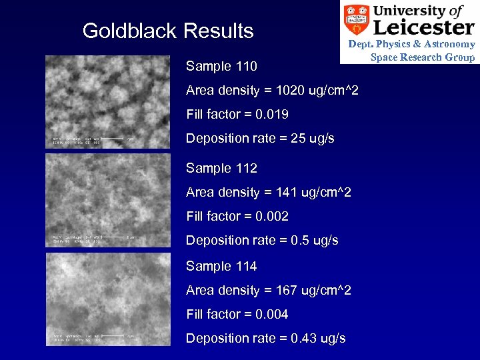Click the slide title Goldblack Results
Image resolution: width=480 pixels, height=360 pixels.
(x=167, y=31)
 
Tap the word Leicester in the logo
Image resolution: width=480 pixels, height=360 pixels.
(x=424, y=27)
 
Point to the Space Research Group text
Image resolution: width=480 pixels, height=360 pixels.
(x=423, y=57)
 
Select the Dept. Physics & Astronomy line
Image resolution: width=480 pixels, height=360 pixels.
(x=411, y=44)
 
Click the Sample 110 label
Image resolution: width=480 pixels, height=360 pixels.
(x=221, y=67)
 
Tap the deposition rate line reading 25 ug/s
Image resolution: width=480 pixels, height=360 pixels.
(x=260, y=139)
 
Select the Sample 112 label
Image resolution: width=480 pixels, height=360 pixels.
(x=221, y=168)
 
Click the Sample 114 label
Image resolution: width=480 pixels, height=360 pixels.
(x=221, y=266)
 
